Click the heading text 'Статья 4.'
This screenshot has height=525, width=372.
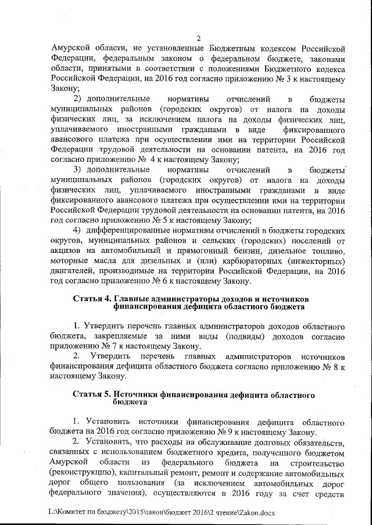[x=94, y=299]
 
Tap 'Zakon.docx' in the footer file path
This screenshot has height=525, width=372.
[x=263, y=513]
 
